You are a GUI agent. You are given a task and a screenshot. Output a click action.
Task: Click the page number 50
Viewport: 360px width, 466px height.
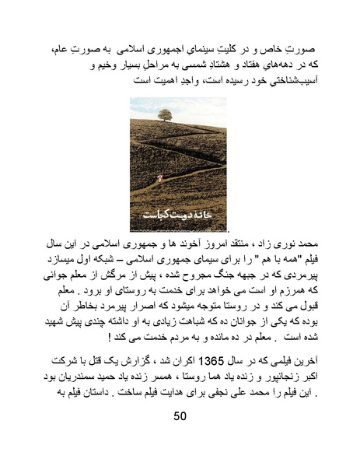click(180, 415)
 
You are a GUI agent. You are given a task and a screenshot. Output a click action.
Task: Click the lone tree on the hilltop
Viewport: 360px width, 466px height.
click(165, 115)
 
